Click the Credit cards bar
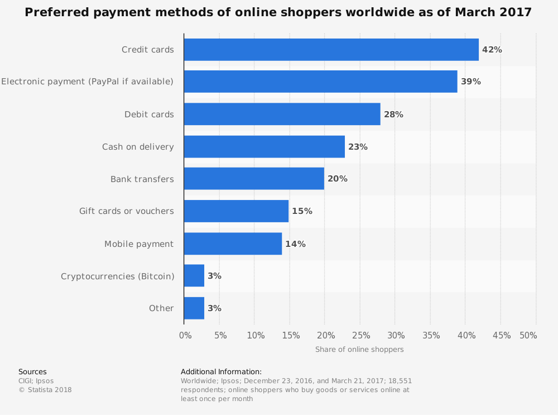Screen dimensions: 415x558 331,50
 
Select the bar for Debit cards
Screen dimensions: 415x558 282,115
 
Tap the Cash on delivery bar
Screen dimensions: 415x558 264,147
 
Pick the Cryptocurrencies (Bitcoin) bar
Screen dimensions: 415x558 194,276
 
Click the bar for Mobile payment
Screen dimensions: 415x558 233,244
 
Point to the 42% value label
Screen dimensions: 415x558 492,50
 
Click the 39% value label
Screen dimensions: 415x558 470,82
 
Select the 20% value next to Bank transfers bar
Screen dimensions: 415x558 337,179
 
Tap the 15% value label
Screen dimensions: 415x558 302,211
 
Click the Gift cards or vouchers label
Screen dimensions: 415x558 126,211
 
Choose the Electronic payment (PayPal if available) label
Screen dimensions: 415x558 87,82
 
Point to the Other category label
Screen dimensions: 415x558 161,308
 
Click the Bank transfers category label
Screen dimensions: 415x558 142,179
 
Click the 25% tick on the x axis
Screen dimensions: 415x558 362,336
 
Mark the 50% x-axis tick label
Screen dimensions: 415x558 528,336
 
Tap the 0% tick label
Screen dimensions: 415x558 185,336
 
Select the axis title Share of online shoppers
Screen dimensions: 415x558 359,350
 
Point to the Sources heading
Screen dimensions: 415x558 32,372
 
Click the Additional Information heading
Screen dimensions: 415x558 221,372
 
